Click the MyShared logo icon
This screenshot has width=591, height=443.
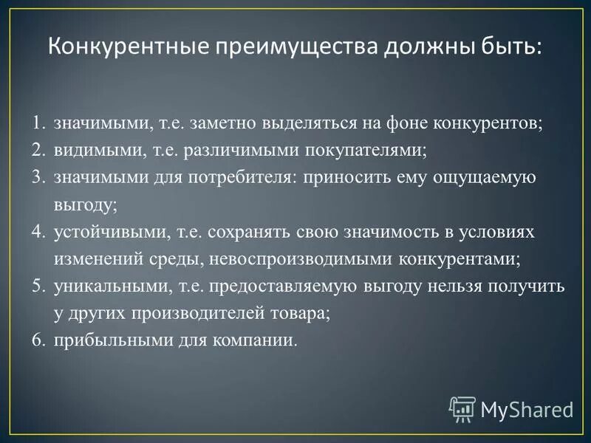pos(462,408)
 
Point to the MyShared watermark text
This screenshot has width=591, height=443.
pos(526,409)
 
